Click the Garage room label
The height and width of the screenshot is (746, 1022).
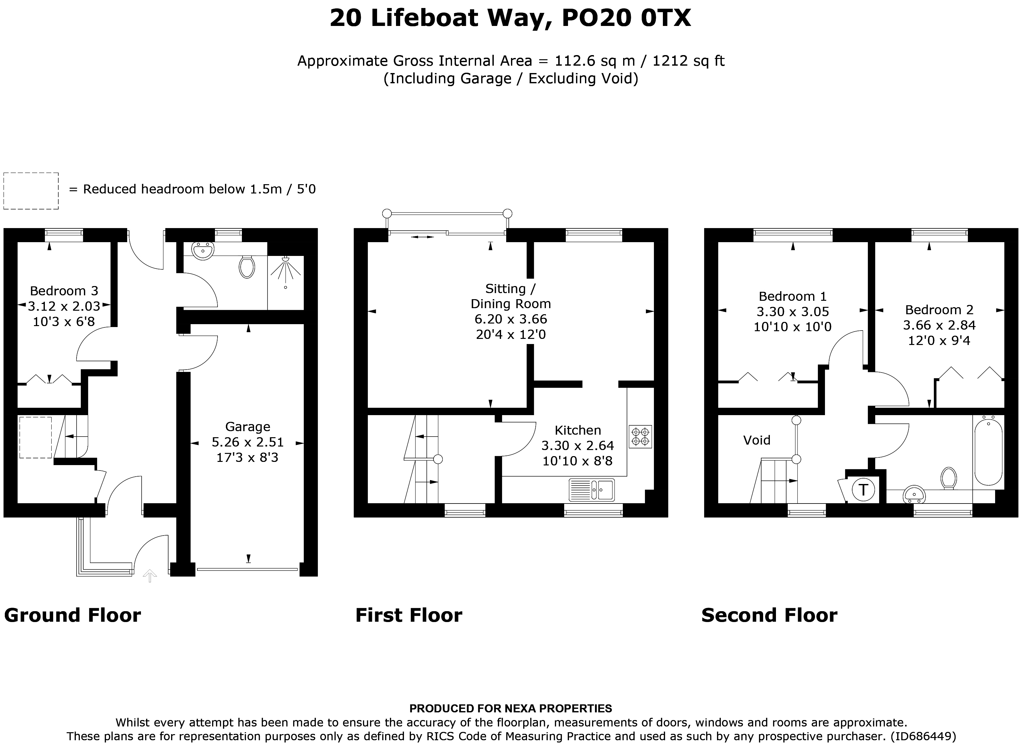pyautogui.click(x=247, y=427)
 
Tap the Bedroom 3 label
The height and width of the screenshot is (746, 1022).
pyautogui.click(x=64, y=291)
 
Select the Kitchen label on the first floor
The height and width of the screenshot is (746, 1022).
pyautogui.click(x=578, y=430)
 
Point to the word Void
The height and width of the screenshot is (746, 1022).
pyautogui.click(x=757, y=440)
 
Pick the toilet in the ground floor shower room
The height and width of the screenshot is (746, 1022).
pyautogui.click(x=247, y=267)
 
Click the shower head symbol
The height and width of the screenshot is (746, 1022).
pyautogui.click(x=285, y=270)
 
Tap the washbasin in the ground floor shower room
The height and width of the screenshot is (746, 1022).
pyautogui.click(x=203, y=250)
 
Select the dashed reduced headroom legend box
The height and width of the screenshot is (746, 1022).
pyautogui.click(x=31, y=191)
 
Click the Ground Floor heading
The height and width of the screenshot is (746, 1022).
pyautogui.click(x=73, y=616)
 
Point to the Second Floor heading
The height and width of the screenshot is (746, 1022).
pyautogui.click(x=769, y=616)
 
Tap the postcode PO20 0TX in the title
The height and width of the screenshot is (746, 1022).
pyautogui.click(x=626, y=19)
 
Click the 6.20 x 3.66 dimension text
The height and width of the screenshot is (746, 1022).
pyautogui.click(x=511, y=319)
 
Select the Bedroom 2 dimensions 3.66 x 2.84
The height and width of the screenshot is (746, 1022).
pyautogui.click(x=939, y=325)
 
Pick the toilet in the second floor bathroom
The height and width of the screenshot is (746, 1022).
pyautogui.click(x=949, y=478)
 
